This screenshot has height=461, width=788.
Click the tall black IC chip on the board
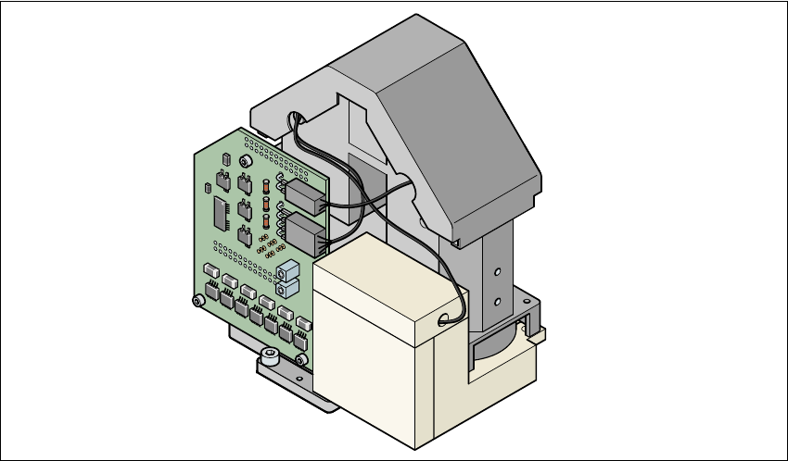point(222,212)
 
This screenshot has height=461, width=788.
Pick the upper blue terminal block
point(287,271)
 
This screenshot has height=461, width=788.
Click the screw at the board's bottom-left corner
point(197,300)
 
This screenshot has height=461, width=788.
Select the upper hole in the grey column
point(498,272)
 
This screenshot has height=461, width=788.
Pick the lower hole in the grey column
point(498,301)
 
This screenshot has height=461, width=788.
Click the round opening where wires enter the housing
point(298,119)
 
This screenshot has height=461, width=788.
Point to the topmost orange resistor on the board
point(266,183)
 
